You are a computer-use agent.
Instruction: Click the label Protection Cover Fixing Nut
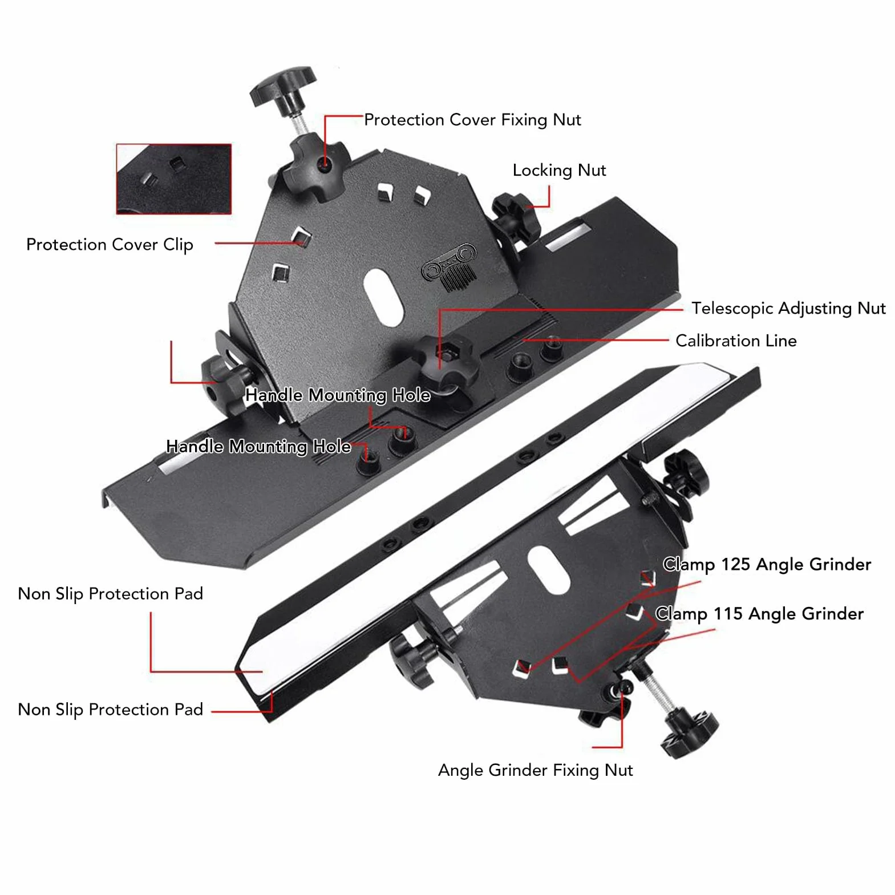(x=472, y=120)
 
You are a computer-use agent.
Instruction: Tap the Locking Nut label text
(x=559, y=170)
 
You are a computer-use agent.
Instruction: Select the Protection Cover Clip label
(x=110, y=245)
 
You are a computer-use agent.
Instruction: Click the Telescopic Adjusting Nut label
(x=788, y=308)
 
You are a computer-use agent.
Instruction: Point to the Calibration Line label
(x=736, y=341)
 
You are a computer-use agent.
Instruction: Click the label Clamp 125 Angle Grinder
(x=767, y=564)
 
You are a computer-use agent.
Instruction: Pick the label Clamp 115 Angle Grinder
(x=759, y=614)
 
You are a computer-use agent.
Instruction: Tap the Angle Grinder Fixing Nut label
(x=535, y=770)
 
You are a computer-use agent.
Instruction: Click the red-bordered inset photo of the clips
(x=174, y=179)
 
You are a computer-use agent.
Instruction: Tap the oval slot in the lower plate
(x=549, y=569)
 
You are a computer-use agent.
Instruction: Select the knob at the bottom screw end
(x=689, y=732)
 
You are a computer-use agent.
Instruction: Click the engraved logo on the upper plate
(x=448, y=267)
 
